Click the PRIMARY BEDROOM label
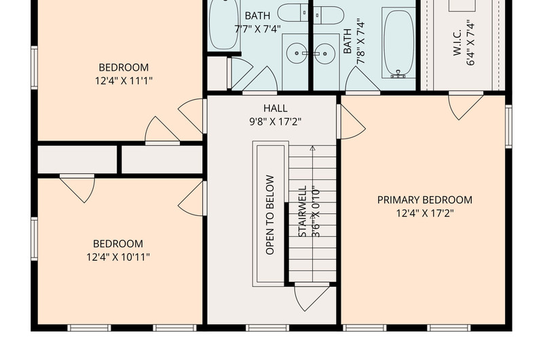(x=425, y=200)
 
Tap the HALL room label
(x=276, y=108)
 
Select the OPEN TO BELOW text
(x=270, y=215)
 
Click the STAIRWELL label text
(x=303, y=211)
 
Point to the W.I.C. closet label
(x=457, y=42)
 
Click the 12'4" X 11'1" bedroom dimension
(x=124, y=81)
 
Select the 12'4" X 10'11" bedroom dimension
(x=118, y=257)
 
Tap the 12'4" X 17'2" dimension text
(x=425, y=213)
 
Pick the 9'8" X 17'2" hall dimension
(x=276, y=122)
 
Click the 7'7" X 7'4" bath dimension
(x=257, y=29)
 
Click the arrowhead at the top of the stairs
(x=312, y=148)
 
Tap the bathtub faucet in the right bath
(x=398, y=74)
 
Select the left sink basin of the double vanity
(x=297, y=54)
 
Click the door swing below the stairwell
(x=312, y=298)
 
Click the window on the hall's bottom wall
(x=267, y=328)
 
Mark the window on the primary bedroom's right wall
(x=508, y=126)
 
